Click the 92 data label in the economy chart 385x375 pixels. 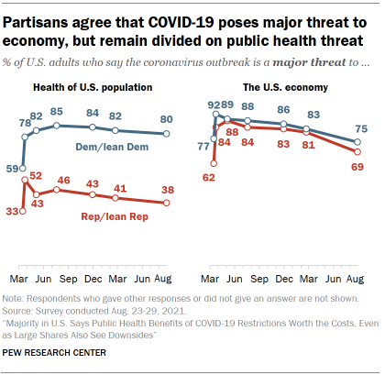[213, 105]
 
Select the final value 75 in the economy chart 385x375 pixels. [362, 129]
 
